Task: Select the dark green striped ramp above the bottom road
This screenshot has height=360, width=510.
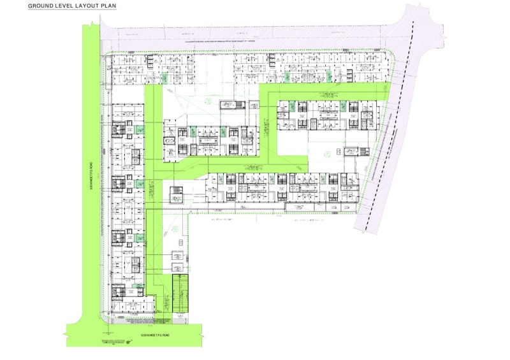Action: click(182, 294)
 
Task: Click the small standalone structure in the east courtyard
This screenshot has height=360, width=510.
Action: click(351, 152)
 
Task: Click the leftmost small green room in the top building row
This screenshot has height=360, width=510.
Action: click(163, 78)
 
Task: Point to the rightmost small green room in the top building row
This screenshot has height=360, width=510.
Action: click(330, 76)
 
